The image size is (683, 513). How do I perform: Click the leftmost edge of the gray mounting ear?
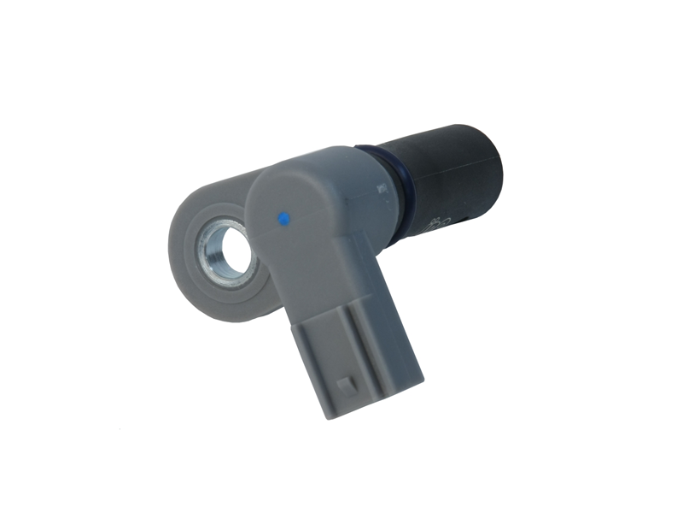(170, 248)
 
